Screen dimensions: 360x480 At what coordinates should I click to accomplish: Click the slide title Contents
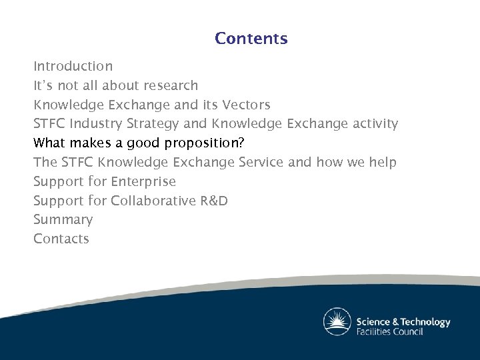pyautogui.click(x=251, y=39)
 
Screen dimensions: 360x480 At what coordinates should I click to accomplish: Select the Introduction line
pyautogui.click(x=73, y=67)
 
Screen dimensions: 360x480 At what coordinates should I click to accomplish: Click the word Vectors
pyautogui.click(x=246, y=105)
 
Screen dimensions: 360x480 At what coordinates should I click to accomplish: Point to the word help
pyautogui.click(x=382, y=163)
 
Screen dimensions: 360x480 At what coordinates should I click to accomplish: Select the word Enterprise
pyautogui.click(x=143, y=182)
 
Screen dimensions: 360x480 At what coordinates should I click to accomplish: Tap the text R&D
pyautogui.click(x=213, y=201)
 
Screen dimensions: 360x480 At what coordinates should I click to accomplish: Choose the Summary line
pyautogui.click(x=63, y=220)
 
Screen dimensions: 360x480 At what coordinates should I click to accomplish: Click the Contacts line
pyautogui.click(x=61, y=239)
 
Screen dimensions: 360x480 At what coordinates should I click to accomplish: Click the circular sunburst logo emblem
pyautogui.click(x=337, y=322)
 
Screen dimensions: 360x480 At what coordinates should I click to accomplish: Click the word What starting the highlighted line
pyautogui.click(x=49, y=143)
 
